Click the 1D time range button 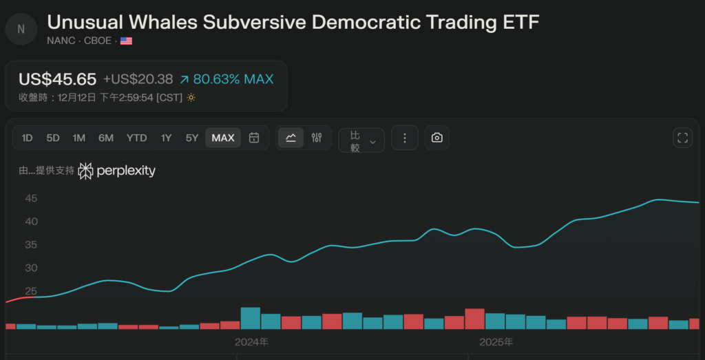(x=27, y=138)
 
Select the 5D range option (x=53, y=138)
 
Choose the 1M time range (x=79, y=138)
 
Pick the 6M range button (x=106, y=138)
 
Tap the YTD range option (x=136, y=138)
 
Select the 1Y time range (x=166, y=138)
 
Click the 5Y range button (x=192, y=138)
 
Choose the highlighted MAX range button (x=223, y=138)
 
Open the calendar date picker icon (x=253, y=138)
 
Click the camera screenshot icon (x=436, y=138)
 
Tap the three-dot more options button (x=405, y=138)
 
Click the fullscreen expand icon (x=682, y=138)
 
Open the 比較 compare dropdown (x=361, y=140)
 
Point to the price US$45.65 (x=57, y=79)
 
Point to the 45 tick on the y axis (x=31, y=198)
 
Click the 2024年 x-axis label (x=251, y=341)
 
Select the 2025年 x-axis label (x=496, y=341)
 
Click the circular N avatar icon (x=21, y=28)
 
